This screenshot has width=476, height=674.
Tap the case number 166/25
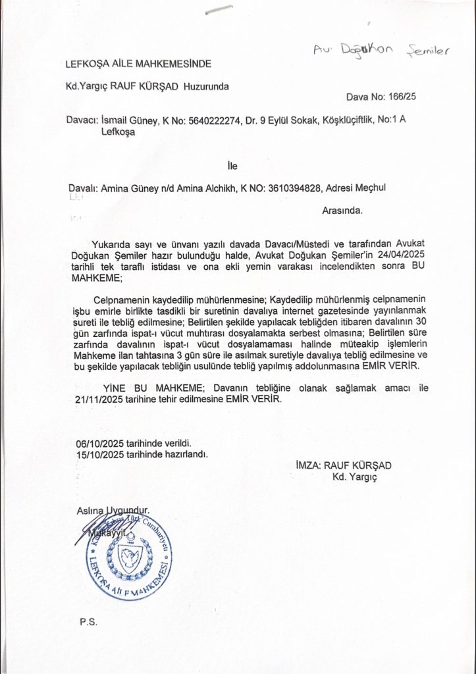pos(402,98)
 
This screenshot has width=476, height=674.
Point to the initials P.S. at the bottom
pos(87,621)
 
